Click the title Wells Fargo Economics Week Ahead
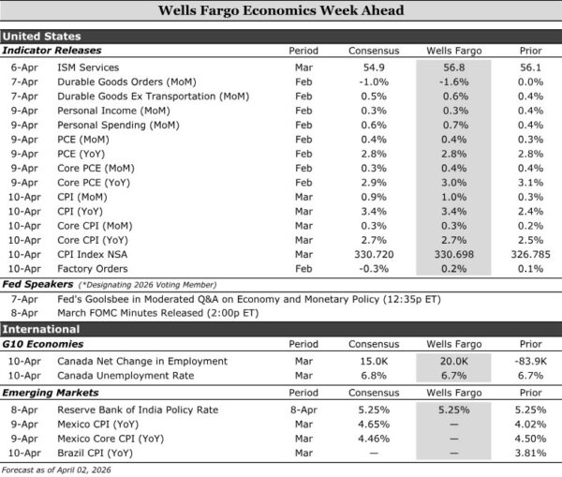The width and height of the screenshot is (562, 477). pos(281,12)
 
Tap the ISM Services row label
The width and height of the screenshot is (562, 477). pos(89,67)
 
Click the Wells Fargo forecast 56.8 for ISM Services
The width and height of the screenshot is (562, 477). pos(452,67)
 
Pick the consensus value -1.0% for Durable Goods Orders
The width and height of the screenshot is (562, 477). pos(373,82)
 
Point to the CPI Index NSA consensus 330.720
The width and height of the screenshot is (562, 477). pos(373,253)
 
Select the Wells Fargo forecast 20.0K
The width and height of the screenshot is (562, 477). pos(452,361)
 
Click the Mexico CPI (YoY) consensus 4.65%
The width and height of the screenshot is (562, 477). pos(373,424)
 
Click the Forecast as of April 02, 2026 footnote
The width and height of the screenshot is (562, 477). pos(56,469)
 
